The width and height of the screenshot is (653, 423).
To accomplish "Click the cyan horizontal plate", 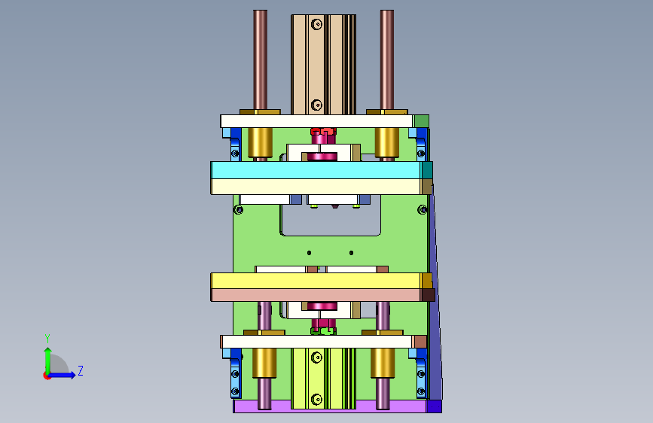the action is (x=316, y=170).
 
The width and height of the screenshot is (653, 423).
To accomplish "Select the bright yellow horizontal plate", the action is (x=316, y=281).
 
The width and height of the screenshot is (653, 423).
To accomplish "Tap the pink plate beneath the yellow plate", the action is (x=316, y=295).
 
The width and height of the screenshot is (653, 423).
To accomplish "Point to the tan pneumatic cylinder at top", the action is (x=323, y=65).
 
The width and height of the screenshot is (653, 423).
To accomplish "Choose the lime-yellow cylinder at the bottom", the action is (x=323, y=378).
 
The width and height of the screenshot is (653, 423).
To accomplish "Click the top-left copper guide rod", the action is (x=261, y=60).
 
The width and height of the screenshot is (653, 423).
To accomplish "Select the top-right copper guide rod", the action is (x=387, y=60).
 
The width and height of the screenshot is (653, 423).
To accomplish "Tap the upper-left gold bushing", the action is (x=261, y=142).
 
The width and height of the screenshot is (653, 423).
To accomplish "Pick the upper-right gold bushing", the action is (x=387, y=142).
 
